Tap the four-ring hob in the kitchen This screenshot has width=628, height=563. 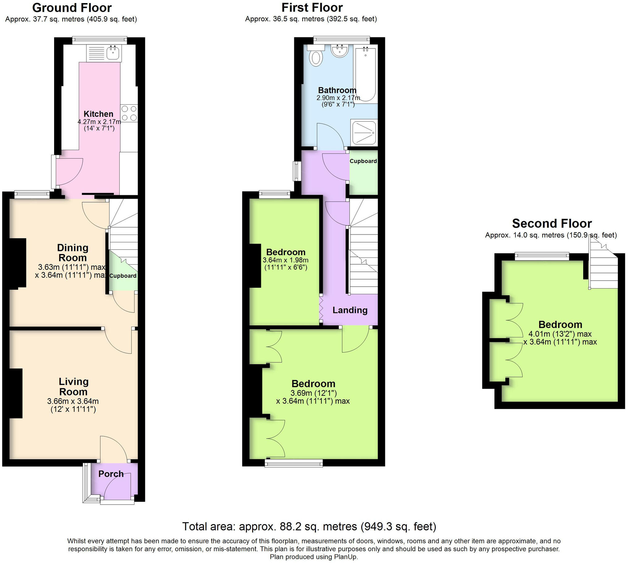(x=129, y=113)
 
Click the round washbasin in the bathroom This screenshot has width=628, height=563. (x=340, y=51)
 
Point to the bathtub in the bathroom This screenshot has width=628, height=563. (x=366, y=74)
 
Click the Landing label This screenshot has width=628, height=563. (x=350, y=310)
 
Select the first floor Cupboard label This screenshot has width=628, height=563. (x=363, y=161)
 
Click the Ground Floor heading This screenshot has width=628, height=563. (x=72, y=8)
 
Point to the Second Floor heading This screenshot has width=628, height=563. (x=552, y=223)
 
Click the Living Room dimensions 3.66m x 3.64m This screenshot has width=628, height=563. (x=73, y=401)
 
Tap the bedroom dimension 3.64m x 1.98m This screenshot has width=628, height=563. (x=286, y=260)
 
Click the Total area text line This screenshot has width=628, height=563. (x=309, y=526)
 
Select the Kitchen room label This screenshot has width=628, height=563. (x=99, y=114)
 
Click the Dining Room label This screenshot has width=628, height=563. (x=73, y=252)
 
